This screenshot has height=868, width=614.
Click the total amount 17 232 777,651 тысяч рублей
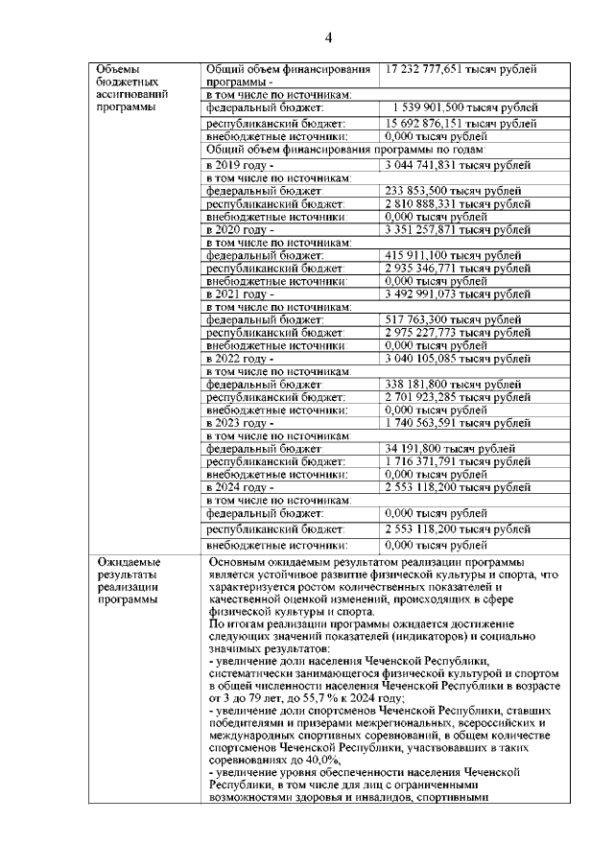tap(461, 69)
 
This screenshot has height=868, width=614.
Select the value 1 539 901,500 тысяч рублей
tap(464, 107)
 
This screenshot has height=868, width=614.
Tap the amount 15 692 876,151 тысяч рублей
tap(461, 125)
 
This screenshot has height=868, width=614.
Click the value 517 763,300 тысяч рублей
tap(453, 319)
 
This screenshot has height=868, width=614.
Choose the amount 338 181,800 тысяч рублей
tap(453, 384)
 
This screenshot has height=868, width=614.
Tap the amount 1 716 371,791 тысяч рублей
tap(457, 461)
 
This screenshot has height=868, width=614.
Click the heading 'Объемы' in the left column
tap(117, 69)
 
